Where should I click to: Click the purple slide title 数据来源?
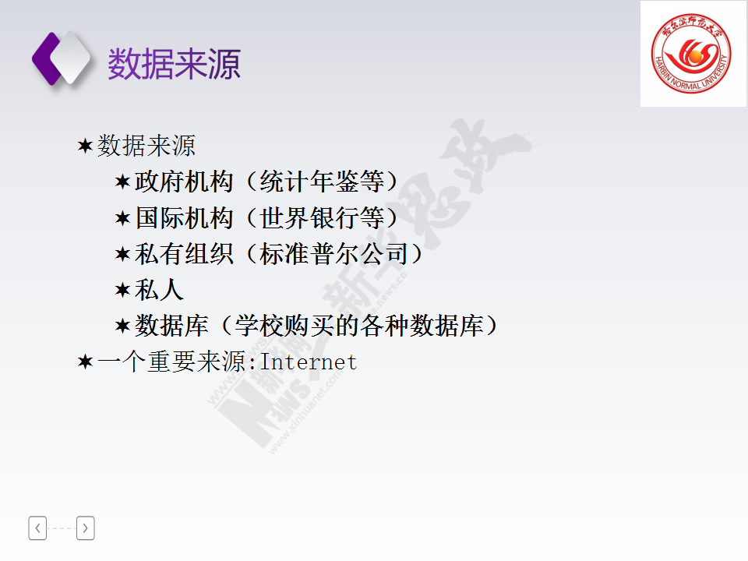click(x=174, y=64)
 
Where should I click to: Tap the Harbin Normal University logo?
click(x=691, y=53)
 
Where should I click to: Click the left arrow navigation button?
click(x=37, y=528)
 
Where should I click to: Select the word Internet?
click(x=309, y=362)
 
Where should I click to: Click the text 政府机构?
click(x=184, y=182)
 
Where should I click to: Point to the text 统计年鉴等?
click(x=322, y=182)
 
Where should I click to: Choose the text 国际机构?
click(x=184, y=218)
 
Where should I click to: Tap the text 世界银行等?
click(x=322, y=218)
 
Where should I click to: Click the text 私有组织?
click(x=184, y=254)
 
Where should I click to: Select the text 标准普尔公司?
click(x=334, y=254)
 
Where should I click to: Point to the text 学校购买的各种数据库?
click(x=359, y=326)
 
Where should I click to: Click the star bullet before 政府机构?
click(x=122, y=182)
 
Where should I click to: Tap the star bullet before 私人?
click(x=122, y=290)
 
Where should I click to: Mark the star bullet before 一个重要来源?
click(x=85, y=362)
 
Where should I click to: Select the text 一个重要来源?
click(x=171, y=362)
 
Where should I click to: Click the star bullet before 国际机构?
click(x=122, y=218)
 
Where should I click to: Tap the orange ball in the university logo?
click(x=695, y=57)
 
